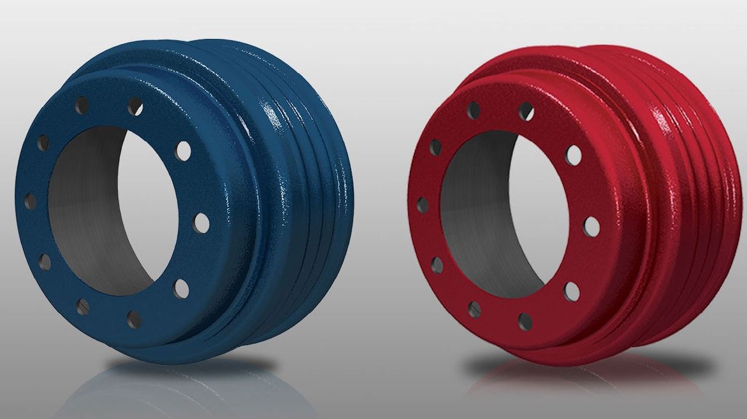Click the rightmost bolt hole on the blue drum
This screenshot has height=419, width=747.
coord(201,222)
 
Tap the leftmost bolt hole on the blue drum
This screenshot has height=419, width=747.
coord(30,202)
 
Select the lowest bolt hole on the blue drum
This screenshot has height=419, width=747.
coord(134,319)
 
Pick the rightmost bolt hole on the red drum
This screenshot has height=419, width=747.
coord(591,227)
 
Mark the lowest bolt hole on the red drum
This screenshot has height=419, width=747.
coord(525,321)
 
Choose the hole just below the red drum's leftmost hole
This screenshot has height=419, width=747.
coord(437,265)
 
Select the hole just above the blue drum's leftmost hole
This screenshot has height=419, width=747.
coord(43,143)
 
